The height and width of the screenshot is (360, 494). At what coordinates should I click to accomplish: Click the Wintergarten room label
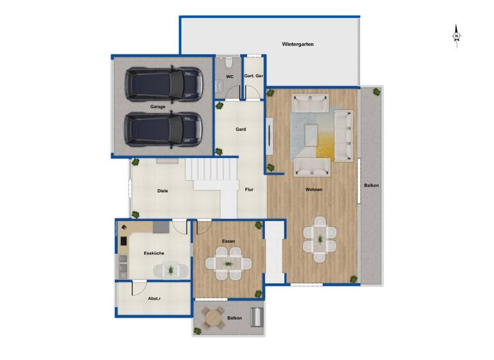tap(297, 44)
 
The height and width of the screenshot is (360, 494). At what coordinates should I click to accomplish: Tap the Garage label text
tap(158, 107)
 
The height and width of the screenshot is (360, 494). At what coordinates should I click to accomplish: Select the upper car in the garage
tap(164, 83)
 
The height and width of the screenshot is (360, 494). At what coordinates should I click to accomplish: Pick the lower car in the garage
tap(164, 129)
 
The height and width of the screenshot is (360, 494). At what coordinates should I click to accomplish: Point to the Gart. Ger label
tap(253, 76)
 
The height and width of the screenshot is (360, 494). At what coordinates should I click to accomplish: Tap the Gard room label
tap(241, 129)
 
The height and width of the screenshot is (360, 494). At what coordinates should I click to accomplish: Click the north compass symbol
tap(456, 37)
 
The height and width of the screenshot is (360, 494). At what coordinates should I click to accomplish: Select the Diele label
tap(163, 190)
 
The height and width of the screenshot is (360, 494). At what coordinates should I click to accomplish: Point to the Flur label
tap(250, 190)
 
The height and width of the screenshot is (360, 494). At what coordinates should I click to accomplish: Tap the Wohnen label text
tap(314, 190)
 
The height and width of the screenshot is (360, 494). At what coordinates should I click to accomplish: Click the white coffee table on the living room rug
tap(312, 134)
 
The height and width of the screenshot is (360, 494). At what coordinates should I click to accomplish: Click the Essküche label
tap(153, 253)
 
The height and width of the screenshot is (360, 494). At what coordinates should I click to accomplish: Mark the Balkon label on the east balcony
tap(371, 186)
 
